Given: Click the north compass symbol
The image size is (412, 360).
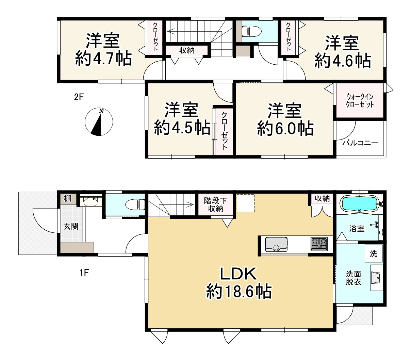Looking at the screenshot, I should tap(99, 122).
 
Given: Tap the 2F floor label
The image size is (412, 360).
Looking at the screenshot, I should tap(79, 97).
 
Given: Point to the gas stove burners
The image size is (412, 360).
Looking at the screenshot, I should tap(319, 243).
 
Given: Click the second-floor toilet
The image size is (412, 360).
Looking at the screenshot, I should tap(251, 32).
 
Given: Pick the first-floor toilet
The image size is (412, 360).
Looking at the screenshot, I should tap(135, 205).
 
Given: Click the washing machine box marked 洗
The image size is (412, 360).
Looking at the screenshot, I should tap(373, 253).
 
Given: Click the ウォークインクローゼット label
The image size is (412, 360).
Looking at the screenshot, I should tap(360, 100).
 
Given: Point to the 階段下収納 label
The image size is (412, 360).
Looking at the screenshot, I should tap(213, 204).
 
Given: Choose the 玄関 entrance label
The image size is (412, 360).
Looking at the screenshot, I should tap(71, 226).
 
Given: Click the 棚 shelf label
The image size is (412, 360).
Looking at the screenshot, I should tap(67, 198).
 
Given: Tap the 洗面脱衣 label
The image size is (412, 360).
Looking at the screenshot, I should tap(353, 278).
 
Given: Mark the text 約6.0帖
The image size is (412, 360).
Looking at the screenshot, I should tap(285, 128).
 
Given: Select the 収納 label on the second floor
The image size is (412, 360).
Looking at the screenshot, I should tap(186, 50).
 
